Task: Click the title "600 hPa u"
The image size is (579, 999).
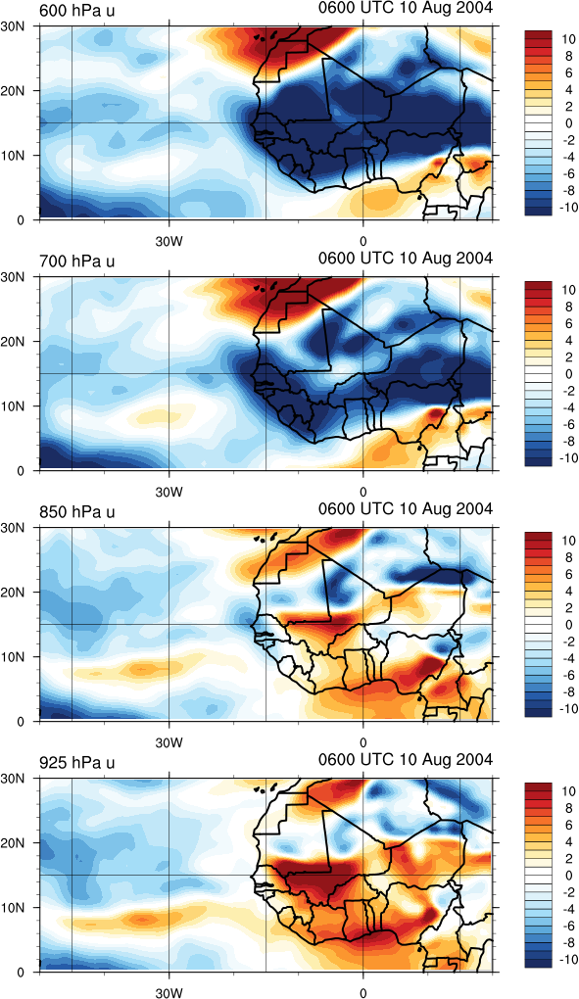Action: coord(76,11)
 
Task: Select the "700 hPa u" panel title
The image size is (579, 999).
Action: coord(76,262)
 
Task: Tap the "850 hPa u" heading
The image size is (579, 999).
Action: coord(76,511)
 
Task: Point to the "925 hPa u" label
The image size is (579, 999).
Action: coord(76,762)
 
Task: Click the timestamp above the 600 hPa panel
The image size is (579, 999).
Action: coord(406,8)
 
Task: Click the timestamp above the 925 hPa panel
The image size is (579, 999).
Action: coord(406,759)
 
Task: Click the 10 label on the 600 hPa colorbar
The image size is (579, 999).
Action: coord(566,39)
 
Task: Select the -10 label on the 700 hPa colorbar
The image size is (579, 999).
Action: coord(565,457)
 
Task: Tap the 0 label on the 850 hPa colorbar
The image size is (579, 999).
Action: coord(569,625)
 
